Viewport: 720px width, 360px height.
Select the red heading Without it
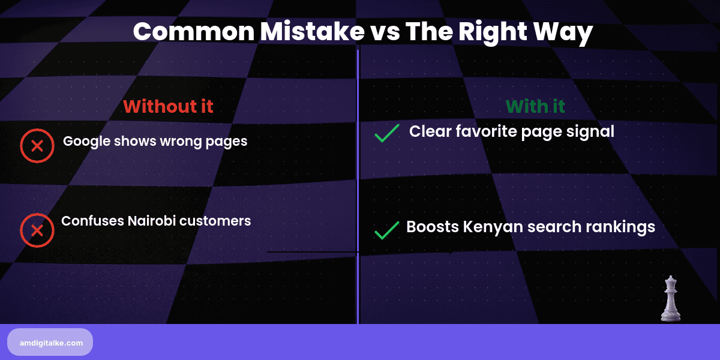tap(168, 107)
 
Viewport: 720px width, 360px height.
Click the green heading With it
tap(535, 107)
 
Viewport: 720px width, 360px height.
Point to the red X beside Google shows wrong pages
tap(37, 145)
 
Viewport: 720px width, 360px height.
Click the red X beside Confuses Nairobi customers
tap(37, 230)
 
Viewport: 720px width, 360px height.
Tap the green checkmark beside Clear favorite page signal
tap(387, 133)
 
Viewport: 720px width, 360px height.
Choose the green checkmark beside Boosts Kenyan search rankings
tap(387, 230)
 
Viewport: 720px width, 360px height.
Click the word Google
tap(86, 142)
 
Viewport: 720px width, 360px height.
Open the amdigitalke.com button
tap(50, 343)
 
